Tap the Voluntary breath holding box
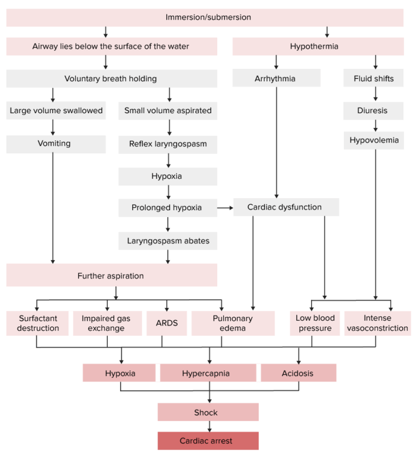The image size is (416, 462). pos(112,79)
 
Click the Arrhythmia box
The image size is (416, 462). pos(276,79)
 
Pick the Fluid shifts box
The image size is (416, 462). pos(374,79)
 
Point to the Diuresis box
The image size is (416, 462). pos(374,110)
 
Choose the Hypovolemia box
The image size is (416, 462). pos(374,140)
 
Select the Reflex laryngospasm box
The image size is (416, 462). pos(168,144)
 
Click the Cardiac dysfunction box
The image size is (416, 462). pos(286,207)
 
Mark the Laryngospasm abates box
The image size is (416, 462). pos(168,240)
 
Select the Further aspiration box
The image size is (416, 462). pos(112,276)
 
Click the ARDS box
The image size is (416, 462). pos(167,323)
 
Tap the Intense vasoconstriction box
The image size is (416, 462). pos(378,323)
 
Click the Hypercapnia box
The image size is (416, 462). pos(208,373)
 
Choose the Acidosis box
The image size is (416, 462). pos(298,373)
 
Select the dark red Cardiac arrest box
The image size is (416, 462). pos(208,441)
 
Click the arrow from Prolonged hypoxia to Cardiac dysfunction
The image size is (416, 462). pos(225,207)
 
